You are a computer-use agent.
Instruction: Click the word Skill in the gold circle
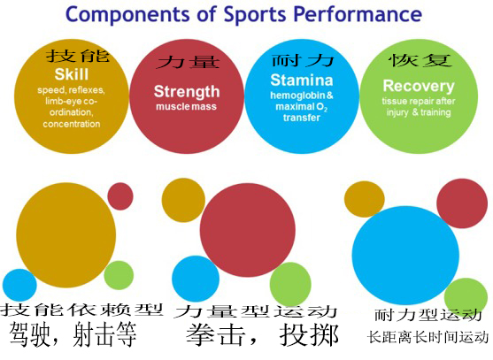[72, 74]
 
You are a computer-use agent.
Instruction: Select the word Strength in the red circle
[187, 92]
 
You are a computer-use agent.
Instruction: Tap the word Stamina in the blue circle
[302, 80]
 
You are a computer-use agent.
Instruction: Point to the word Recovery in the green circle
[419, 86]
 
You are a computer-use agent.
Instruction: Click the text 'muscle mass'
[186, 106]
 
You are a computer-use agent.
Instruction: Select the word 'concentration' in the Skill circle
[72, 124]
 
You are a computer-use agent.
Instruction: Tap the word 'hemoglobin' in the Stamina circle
[297, 96]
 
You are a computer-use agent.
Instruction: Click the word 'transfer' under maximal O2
[302, 118]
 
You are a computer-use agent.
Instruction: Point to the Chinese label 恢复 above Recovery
[420, 59]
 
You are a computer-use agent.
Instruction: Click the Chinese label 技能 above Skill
[77, 55]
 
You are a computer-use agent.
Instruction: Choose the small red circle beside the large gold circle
[120, 196]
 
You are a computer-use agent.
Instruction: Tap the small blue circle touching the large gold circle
[19, 285]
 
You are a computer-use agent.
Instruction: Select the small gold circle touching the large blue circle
[364, 199]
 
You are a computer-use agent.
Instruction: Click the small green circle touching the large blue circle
[466, 295]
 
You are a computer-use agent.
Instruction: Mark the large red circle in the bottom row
[248, 230]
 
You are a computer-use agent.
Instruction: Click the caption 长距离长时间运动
[428, 337]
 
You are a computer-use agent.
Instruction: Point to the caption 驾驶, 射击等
[73, 334]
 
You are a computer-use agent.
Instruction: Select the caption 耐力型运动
[428, 315]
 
